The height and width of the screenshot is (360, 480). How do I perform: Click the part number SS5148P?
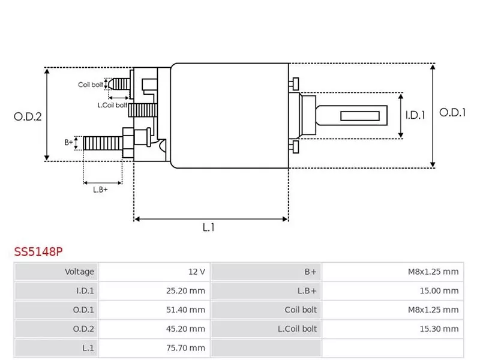coord(38,252)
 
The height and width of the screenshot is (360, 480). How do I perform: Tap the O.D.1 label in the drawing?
coord(452,112)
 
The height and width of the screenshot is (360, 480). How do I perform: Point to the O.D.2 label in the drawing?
coord(28,117)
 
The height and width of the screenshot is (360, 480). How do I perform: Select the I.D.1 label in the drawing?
coord(415,115)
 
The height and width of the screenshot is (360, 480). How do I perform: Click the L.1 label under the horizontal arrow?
coord(208,227)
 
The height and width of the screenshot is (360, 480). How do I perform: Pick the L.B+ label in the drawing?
coord(100,189)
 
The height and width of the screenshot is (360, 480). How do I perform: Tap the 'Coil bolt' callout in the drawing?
coord(90,85)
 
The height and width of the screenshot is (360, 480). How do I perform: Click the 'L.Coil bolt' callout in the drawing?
coord(112,105)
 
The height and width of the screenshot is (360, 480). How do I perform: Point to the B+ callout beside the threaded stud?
coord(68,142)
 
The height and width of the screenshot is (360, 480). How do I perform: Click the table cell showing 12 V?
coord(196,272)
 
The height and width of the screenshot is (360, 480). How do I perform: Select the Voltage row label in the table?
coord(79,272)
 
